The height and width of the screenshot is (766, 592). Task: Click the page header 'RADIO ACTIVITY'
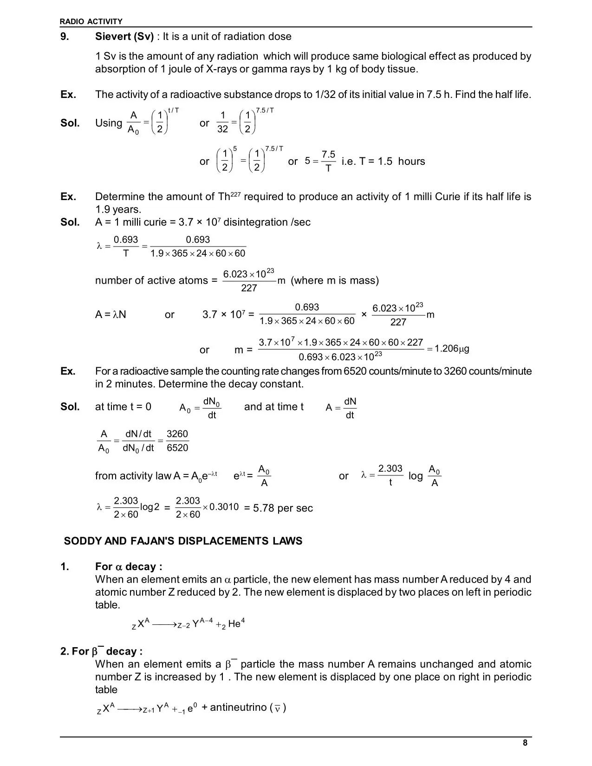coord(91,21)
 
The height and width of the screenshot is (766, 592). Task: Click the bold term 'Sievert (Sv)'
coord(124,37)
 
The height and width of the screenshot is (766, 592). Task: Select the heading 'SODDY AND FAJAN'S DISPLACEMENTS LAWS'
coord(183,541)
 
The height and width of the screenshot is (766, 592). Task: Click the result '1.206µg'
coord(452,349)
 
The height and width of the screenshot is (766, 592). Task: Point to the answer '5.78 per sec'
coord(283,508)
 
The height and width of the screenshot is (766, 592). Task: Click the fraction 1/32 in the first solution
coord(222,123)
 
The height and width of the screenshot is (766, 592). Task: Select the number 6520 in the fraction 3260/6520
coord(177,448)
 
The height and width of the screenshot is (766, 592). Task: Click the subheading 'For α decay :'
coord(129,567)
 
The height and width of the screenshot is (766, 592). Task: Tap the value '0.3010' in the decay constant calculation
coord(224,507)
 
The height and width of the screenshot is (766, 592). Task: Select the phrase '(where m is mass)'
coord(334,280)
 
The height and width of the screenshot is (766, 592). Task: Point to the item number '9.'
coord(65,37)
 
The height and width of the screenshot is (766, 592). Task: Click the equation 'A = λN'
coord(111,315)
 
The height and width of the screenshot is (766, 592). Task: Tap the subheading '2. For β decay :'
coord(101,651)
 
